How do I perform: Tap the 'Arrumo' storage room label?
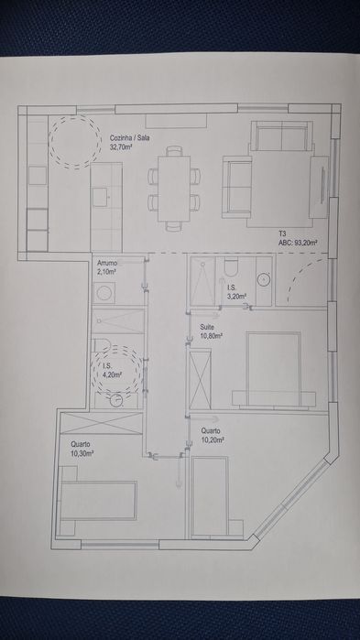point(107,264)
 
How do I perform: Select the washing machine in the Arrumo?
point(104,293)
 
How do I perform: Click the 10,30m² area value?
point(82,453)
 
